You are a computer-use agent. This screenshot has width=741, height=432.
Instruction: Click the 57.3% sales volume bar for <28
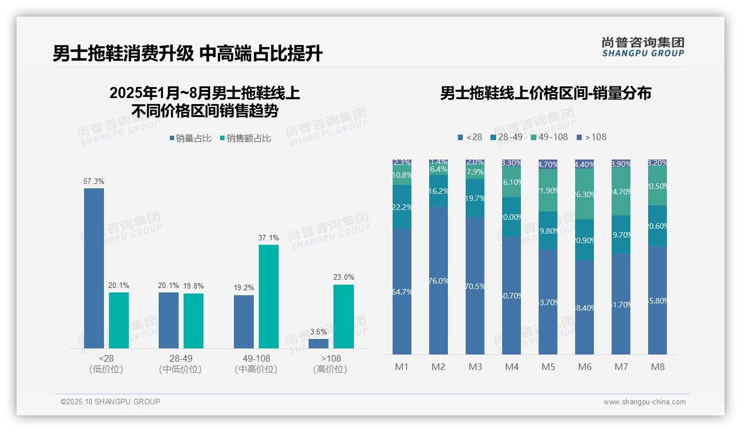pyautogui.click(x=94, y=268)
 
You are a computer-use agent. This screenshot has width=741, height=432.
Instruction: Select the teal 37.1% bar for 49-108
pyautogui.click(x=269, y=296)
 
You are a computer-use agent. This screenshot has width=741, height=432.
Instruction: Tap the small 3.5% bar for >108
pyautogui.click(x=319, y=343)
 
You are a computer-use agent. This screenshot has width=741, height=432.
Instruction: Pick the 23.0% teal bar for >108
pyautogui.click(x=343, y=316)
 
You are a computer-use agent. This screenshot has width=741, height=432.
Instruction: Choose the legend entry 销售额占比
pyautogui.click(x=246, y=138)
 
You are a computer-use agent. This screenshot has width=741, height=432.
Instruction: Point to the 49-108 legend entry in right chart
pyautogui.click(x=549, y=137)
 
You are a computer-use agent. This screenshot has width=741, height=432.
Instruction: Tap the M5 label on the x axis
pyautogui.click(x=548, y=367)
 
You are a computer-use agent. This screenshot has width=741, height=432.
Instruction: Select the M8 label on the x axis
pyautogui.click(x=657, y=367)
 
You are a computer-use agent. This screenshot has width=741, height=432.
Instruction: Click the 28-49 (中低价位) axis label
pyautogui.click(x=180, y=364)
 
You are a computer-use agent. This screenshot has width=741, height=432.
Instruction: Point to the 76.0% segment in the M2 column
pyautogui.click(x=439, y=280)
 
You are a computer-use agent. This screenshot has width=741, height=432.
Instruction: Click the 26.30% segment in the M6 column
pyautogui.click(x=585, y=194)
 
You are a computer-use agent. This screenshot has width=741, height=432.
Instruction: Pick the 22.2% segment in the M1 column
pyautogui.click(x=402, y=207)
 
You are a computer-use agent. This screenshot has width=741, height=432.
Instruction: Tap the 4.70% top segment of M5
pyautogui.click(x=548, y=164)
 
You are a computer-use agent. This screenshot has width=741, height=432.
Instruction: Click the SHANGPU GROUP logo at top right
pyautogui.click(x=643, y=47)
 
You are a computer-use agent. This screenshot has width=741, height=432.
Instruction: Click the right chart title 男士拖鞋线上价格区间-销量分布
pyautogui.click(x=545, y=93)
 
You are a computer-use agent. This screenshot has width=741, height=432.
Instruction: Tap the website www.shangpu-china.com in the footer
pyautogui.click(x=644, y=402)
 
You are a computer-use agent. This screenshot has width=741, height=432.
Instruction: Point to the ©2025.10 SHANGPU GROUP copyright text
pyautogui.click(x=111, y=402)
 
